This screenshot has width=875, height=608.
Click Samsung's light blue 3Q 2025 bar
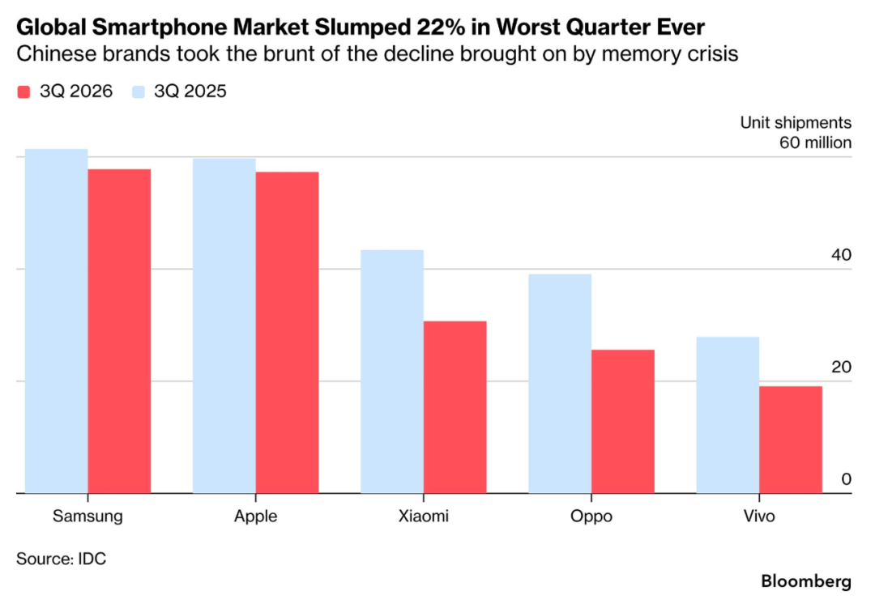(57, 321)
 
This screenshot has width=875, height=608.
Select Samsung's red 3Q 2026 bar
(119, 331)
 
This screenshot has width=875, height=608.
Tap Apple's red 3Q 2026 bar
(288, 333)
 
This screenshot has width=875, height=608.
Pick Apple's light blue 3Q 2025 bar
(224, 325)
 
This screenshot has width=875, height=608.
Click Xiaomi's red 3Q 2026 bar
(455, 407)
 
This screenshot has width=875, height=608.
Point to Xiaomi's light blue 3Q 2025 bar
(392, 372)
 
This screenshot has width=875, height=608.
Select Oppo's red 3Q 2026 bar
(623, 421)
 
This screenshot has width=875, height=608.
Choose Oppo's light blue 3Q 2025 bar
(561, 383)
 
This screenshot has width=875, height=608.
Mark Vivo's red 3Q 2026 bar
(791, 440)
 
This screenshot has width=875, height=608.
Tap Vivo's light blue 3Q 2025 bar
(728, 415)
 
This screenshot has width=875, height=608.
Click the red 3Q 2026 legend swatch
(23, 92)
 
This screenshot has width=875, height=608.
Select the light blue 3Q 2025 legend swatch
(139, 92)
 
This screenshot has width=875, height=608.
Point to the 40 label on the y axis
(841, 255)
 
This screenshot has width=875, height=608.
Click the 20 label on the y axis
(841, 367)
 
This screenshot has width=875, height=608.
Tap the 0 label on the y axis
(846, 479)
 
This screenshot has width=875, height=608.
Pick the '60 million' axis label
(815, 142)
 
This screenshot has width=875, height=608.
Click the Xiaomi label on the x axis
(424, 516)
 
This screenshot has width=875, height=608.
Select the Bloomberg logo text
(806, 581)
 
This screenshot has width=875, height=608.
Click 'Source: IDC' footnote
(61, 559)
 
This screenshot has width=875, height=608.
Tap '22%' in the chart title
(444, 27)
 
